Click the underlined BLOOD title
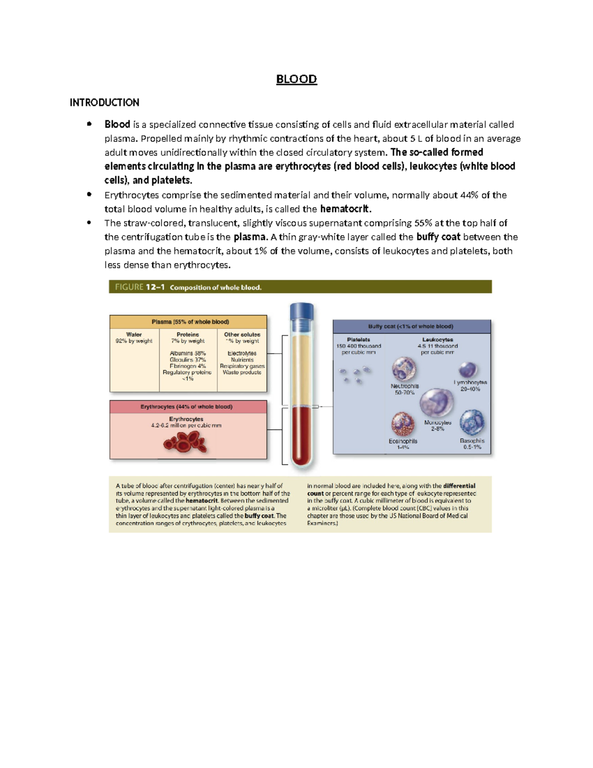[296, 79]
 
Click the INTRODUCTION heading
[104, 102]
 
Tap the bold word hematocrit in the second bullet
[345, 209]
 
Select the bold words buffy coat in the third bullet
[438, 237]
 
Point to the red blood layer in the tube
[301, 435]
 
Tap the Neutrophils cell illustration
[404, 369]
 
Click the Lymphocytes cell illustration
[467, 370]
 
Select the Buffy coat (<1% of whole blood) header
[411, 326]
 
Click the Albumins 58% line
[188, 354]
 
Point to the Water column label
[134, 335]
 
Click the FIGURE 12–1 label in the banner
[139, 287]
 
